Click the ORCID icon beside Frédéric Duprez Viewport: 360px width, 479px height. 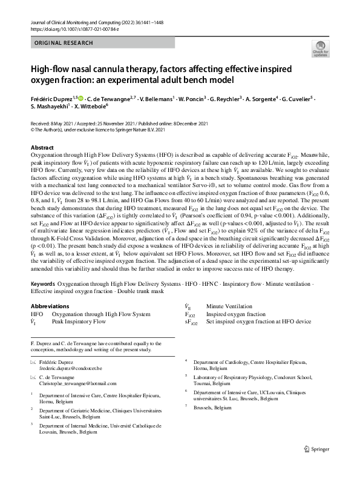tap(83, 96)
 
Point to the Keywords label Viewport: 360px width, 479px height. tap(45, 284)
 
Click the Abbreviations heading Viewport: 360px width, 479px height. tap(54, 307)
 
